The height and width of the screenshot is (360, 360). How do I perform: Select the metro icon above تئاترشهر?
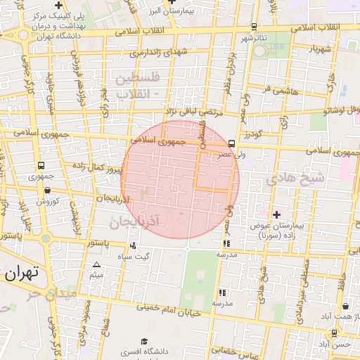254,26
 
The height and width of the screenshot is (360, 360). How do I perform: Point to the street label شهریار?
319,49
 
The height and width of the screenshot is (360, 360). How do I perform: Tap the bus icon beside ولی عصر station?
231,143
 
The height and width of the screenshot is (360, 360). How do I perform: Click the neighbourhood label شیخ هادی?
295,179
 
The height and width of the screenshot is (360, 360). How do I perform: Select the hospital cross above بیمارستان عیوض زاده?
276,214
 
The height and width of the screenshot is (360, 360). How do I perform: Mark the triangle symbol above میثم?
96,264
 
